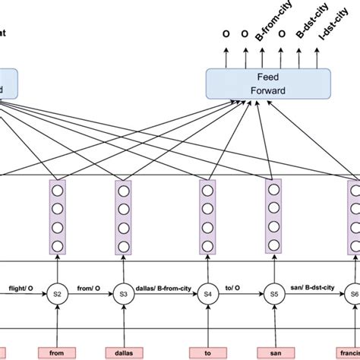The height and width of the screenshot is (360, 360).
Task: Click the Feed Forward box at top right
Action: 268,84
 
